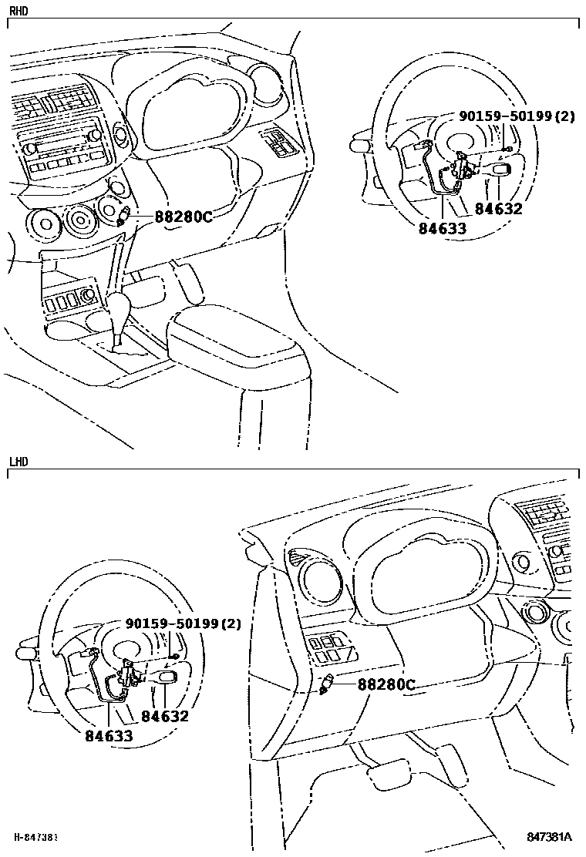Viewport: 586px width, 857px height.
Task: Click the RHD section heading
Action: (x=18, y=11)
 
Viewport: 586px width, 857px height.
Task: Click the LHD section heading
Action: (x=18, y=462)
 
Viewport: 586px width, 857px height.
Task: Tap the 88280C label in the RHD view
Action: (x=183, y=217)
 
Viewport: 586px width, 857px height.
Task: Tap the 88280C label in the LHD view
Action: (x=386, y=684)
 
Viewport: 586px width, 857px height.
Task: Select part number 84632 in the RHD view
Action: (x=498, y=209)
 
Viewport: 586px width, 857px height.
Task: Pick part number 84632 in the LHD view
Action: (x=165, y=716)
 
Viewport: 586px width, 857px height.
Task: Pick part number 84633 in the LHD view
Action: (x=109, y=736)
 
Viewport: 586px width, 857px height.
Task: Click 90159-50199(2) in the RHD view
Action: (x=517, y=116)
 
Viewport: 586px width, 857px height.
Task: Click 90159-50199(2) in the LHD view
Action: (x=183, y=623)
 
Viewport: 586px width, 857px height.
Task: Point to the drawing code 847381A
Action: (x=549, y=837)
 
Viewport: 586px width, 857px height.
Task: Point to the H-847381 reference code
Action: (x=37, y=837)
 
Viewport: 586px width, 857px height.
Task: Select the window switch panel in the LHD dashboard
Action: (x=331, y=647)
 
